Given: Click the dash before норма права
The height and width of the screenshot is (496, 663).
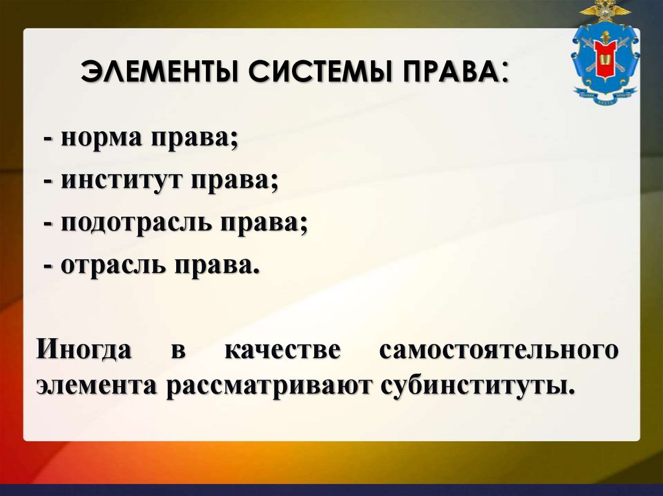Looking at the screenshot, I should tap(49, 141).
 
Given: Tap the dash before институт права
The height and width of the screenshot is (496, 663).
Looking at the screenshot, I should tap(49, 183).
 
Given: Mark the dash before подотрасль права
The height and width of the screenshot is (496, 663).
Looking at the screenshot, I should tap(49, 224).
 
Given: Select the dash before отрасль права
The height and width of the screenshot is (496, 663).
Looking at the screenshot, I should tap(49, 266).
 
